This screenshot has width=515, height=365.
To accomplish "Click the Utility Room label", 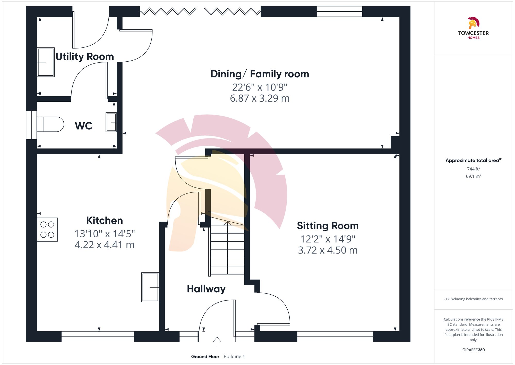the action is point(85,56).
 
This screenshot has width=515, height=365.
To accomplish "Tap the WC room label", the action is point(83,126).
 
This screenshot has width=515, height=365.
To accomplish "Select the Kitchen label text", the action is point(105,221).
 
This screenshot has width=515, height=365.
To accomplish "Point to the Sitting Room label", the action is point(328,226).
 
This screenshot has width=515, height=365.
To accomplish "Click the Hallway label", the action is point(206,289).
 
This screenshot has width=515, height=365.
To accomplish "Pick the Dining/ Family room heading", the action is point(260,74).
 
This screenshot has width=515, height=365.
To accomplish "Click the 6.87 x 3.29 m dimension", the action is point(260,98).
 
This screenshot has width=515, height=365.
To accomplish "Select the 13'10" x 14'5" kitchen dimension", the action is point(105,234).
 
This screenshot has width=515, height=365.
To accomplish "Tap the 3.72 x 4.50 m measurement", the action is point(328,250).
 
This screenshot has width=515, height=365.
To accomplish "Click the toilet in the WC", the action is point(50,124).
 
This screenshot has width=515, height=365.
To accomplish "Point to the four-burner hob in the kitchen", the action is point(47,230).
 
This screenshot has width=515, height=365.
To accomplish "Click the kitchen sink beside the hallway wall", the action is point(150,287).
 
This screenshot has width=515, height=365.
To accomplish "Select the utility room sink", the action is point(46,62).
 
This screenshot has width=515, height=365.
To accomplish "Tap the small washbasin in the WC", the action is point(111,122).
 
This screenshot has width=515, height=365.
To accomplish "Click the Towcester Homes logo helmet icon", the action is point(473,23).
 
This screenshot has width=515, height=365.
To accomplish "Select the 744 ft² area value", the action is point(473,169).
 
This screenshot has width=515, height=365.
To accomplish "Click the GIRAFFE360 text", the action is point(473,350).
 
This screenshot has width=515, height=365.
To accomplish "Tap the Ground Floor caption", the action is point(205,356).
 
